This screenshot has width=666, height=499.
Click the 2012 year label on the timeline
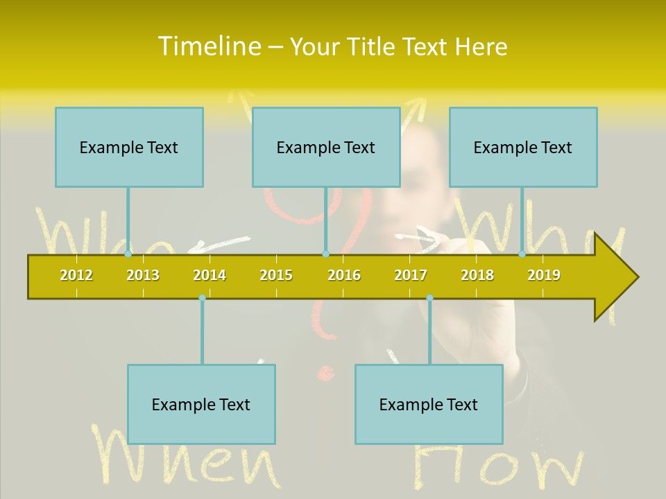76,275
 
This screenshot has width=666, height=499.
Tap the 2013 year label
143,275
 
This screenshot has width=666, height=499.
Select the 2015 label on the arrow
276,275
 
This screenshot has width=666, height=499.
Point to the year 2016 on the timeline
344,275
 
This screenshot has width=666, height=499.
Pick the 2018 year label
477,275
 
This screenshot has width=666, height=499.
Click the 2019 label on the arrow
544,275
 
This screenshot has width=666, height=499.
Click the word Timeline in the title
209,46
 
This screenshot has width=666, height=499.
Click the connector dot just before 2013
128,254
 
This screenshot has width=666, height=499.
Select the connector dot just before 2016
325,254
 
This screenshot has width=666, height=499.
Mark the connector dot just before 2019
522,254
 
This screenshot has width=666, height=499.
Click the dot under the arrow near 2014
202,298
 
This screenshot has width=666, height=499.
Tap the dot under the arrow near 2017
429,298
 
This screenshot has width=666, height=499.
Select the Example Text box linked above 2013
129,147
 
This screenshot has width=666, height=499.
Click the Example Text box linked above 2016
326,147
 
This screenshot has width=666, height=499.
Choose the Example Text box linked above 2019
523,147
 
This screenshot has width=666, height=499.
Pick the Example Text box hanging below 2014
201,404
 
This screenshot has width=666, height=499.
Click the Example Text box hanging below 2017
429,404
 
